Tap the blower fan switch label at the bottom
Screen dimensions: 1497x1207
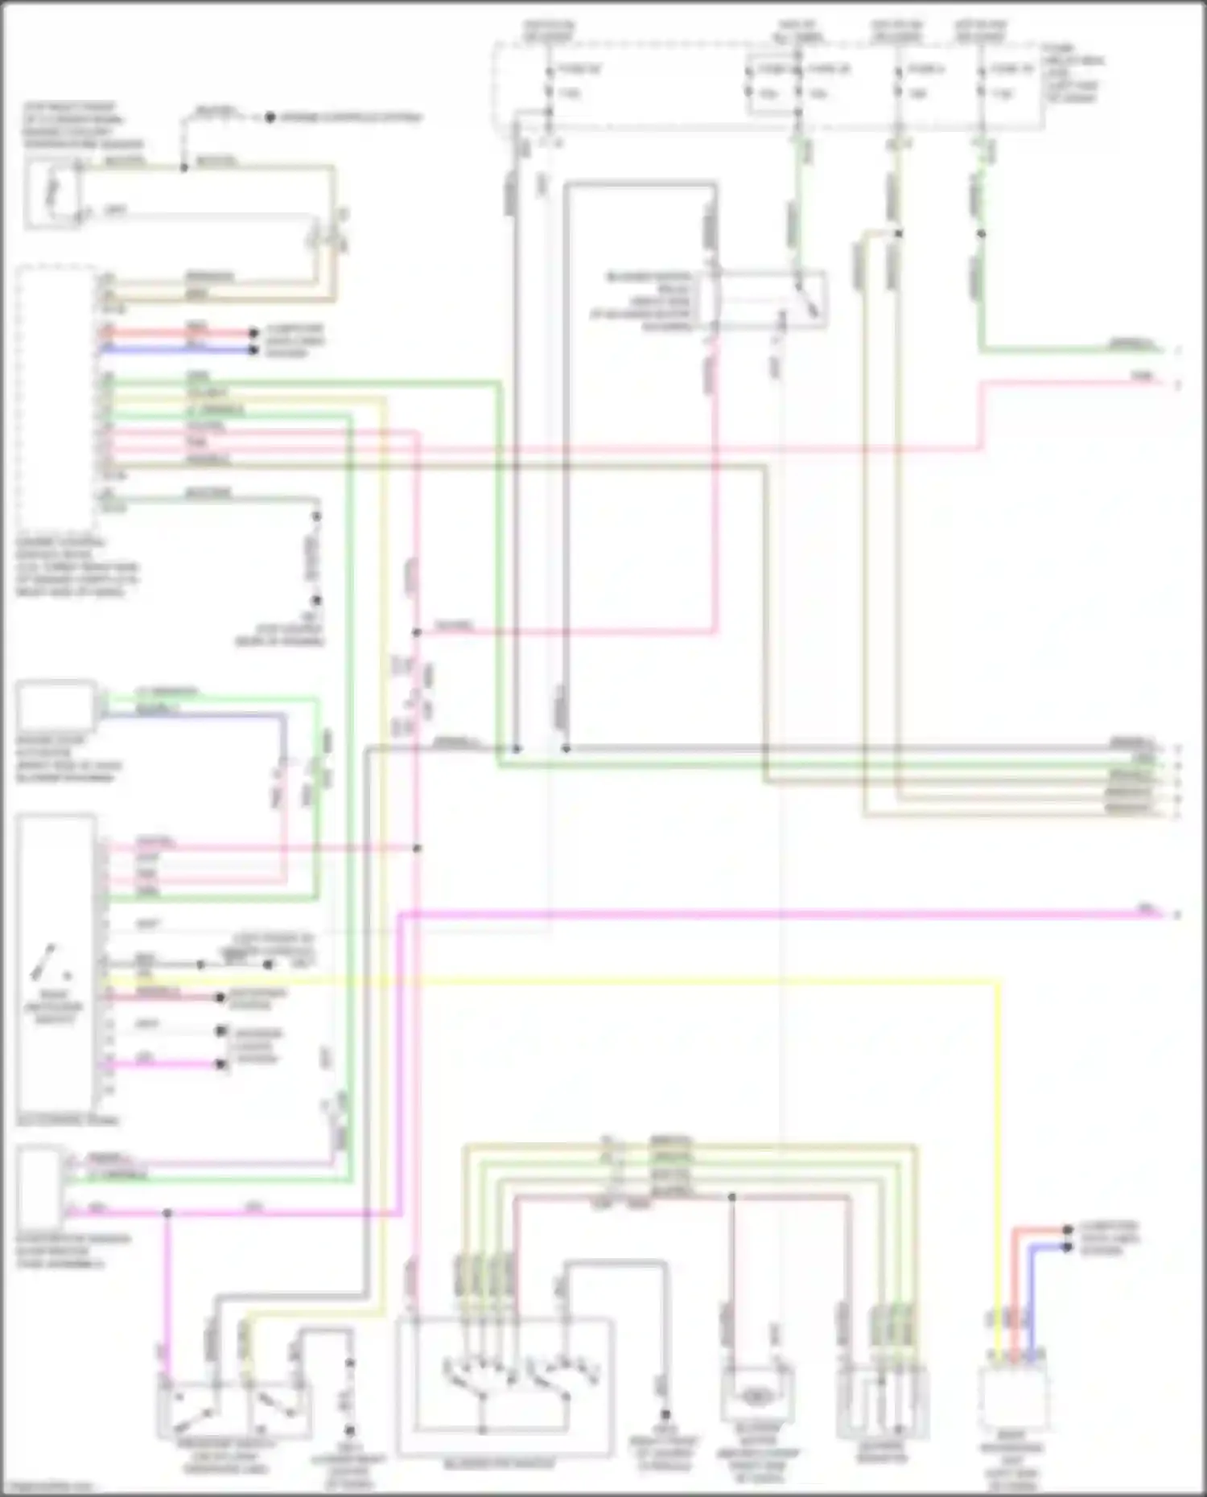pos(499,1463)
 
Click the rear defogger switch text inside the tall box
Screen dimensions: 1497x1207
pos(54,1006)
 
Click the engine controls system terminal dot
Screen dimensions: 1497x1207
pos(270,117)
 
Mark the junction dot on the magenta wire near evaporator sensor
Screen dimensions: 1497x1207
pos(167,1212)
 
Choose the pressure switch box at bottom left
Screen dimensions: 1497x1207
pos(233,1412)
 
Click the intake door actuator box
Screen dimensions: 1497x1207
pos(56,705)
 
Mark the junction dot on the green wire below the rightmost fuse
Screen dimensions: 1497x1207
pos(981,234)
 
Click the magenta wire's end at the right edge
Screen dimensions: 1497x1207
pos(1159,914)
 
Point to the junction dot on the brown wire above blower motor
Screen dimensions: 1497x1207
pos(731,1197)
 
